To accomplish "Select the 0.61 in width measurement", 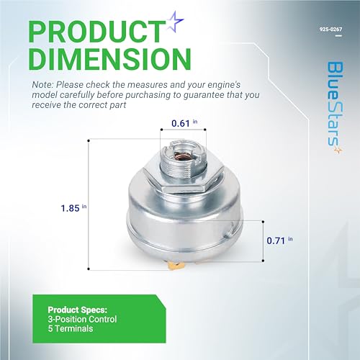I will click(x=182, y=124).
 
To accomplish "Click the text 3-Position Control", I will click(x=87, y=319).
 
